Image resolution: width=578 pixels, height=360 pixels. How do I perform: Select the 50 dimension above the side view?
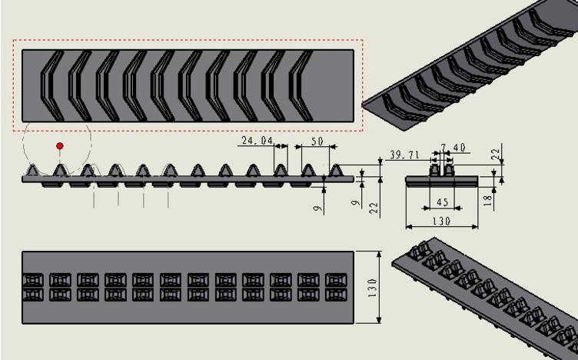click(316, 141)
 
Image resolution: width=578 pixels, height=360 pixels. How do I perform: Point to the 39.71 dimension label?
click(404, 155)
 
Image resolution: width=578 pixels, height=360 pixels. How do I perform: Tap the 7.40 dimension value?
click(453, 147)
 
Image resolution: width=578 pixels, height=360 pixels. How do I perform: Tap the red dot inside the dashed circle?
click(60, 145)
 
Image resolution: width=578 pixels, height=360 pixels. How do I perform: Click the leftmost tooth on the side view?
click(33, 169)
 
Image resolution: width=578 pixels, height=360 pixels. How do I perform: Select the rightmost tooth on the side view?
click(335, 169)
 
